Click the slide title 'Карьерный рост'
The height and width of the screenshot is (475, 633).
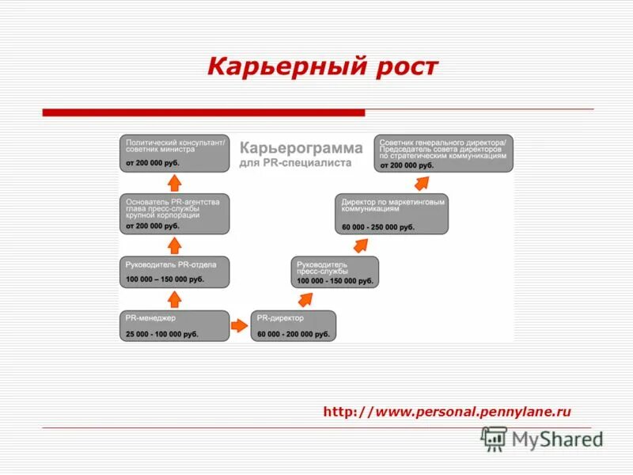(x=322, y=66)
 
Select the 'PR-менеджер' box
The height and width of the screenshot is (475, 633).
(x=175, y=325)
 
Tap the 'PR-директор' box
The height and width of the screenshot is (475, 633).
(x=294, y=325)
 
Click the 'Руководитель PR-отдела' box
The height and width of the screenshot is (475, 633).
(x=175, y=272)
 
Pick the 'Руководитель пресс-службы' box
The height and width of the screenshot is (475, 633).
(x=334, y=272)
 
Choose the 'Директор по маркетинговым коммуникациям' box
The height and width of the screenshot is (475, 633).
(x=391, y=214)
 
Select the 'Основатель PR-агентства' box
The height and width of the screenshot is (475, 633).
(x=175, y=214)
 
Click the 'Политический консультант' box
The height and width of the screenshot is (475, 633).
(x=175, y=153)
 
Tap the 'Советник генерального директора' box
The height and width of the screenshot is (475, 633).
(x=445, y=153)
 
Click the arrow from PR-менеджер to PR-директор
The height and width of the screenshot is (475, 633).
(x=239, y=325)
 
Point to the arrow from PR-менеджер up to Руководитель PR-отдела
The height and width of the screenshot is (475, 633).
(x=175, y=298)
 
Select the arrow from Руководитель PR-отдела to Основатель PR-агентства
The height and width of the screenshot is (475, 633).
(x=175, y=244)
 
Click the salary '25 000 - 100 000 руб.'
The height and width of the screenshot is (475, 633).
(x=161, y=334)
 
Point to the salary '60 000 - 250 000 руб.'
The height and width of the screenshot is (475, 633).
(x=378, y=227)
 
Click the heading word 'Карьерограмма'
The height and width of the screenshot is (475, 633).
(x=301, y=148)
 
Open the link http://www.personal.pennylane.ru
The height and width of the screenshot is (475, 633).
(x=447, y=412)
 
